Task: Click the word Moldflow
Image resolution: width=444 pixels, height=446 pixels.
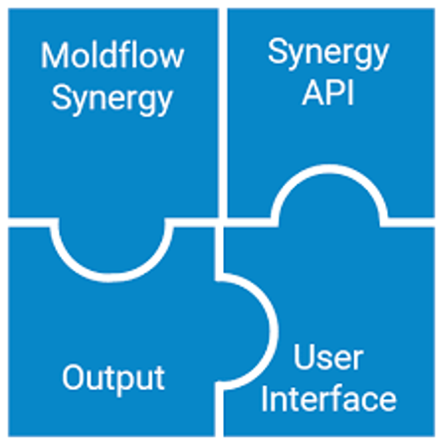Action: pyautogui.click(x=112, y=56)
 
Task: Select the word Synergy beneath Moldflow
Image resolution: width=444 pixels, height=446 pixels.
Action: pyautogui.click(x=112, y=99)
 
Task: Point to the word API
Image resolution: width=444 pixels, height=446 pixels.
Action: pyautogui.click(x=329, y=96)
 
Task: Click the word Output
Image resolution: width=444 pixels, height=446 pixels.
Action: pyautogui.click(x=112, y=377)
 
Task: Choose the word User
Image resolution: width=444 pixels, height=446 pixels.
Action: pyautogui.click(x=329, y=357)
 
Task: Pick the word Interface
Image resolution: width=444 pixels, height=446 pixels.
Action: pyautogui.click(x=329, y=399)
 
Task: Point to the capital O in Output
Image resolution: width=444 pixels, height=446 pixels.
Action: pyautogui.click(x=74, y=377)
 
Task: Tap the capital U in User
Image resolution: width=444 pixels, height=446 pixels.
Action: pyautogui.click(x=301, y=357)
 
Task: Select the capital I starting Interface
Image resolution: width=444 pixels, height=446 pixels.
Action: pyautogui.click(x=266, y=399)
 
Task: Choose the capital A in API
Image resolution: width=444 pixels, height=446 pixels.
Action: pyautogui.click(x=310, y=96)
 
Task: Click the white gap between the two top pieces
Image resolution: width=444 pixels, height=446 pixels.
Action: pyautogui.click(x=221, y=100)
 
